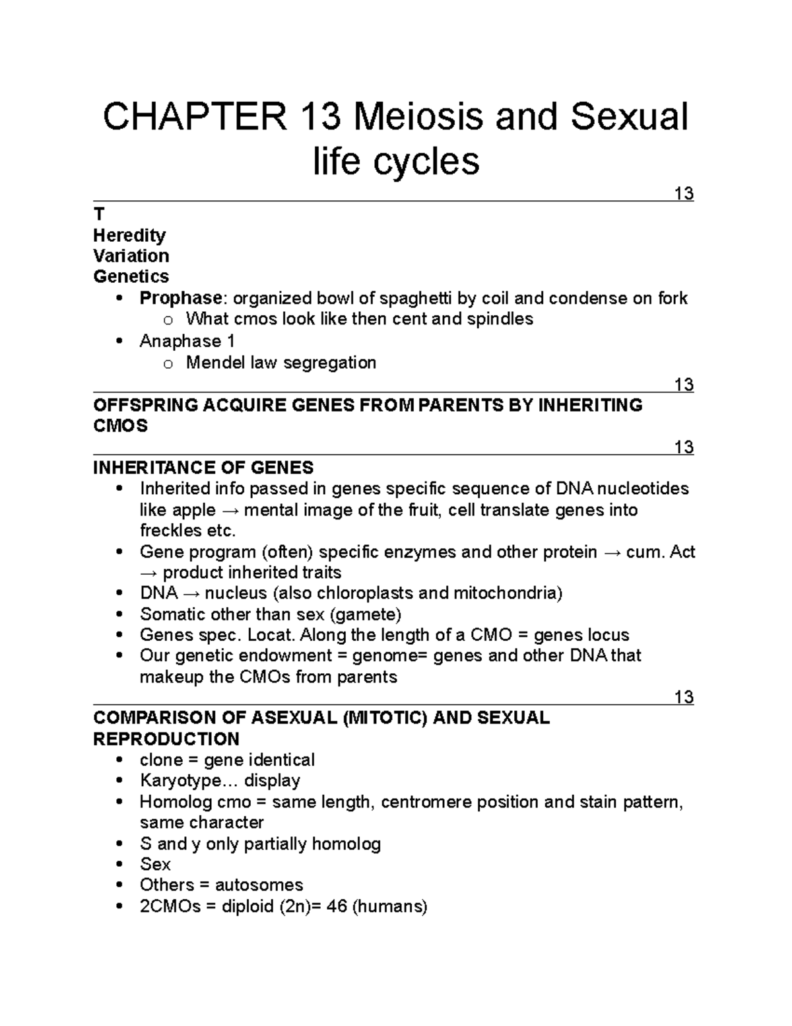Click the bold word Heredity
tap(129, 235)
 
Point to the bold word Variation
tap(131, 256)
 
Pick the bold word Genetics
tap(131, 276)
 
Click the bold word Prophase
tap(180, 299)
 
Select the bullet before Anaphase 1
tap(119, 342)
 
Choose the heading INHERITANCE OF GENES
tap(203, 468)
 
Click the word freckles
tap(169, 531)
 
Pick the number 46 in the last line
tap(337, 906)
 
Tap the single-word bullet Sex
tap(155, 864)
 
